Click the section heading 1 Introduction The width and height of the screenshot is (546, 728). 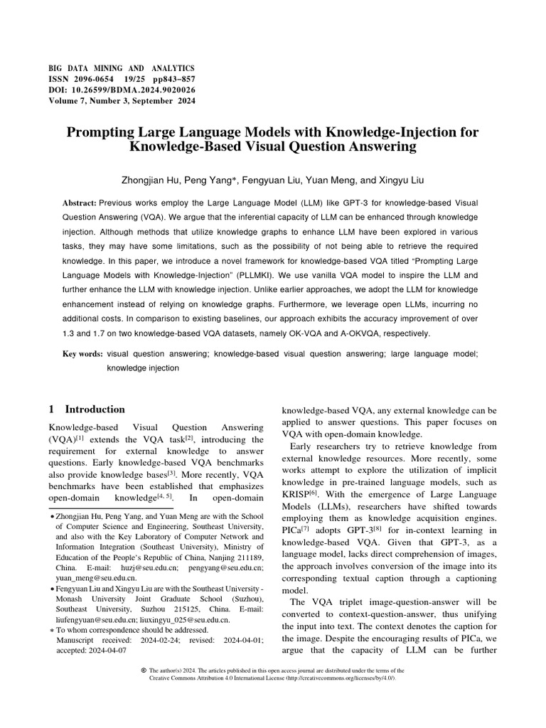(86, 409)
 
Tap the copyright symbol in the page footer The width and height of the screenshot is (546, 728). (144, 670)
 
